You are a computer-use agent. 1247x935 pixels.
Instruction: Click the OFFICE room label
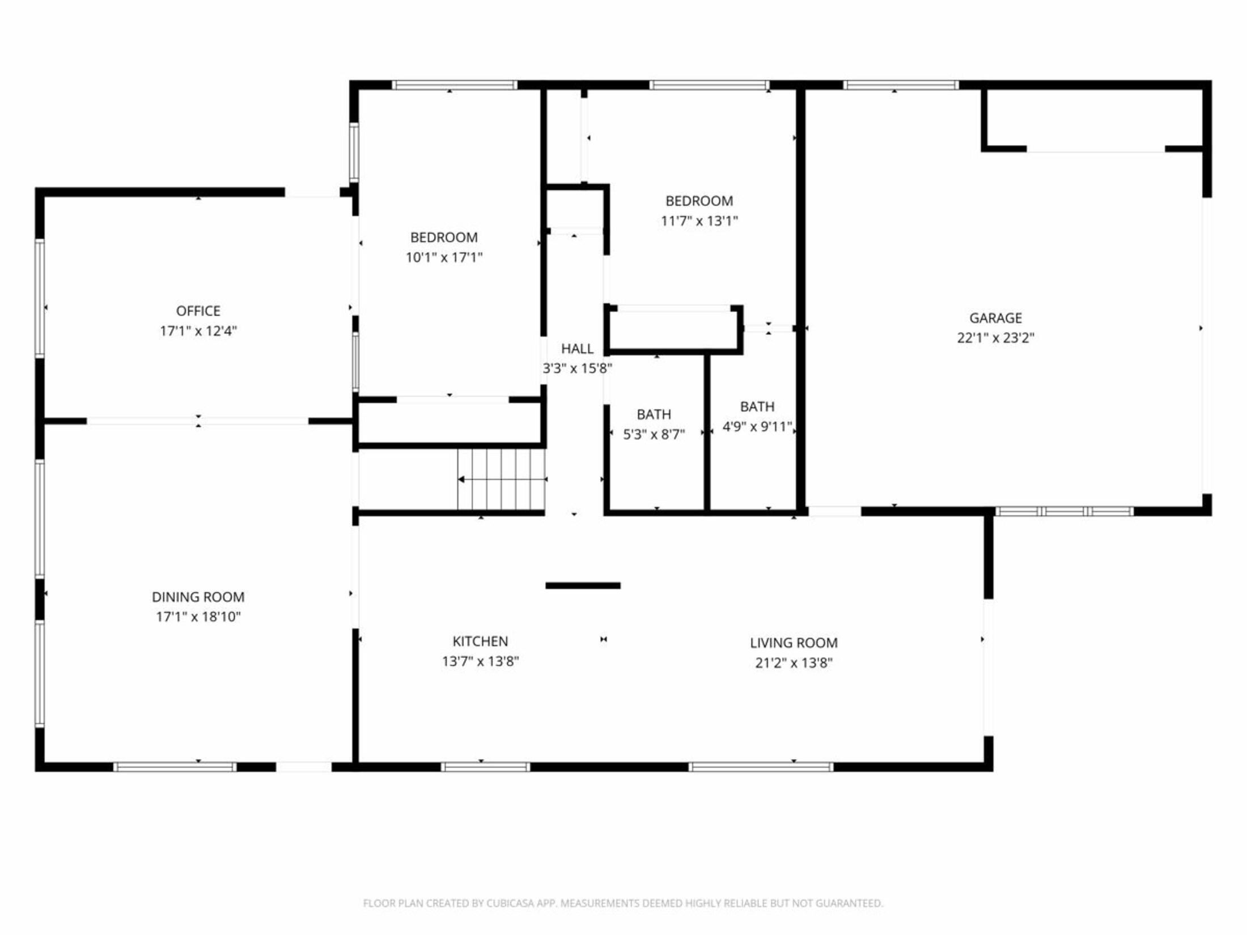pos(198,311)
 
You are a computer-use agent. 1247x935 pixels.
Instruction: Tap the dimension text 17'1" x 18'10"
pos(198,617)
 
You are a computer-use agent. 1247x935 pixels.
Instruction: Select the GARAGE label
pos(995,318)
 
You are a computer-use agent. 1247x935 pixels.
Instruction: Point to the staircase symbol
pos(501,479)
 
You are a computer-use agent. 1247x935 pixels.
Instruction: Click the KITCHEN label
pos(480,641)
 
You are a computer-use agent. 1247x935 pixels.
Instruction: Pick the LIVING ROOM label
pos(794,643)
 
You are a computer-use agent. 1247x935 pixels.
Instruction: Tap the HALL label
pos(577,348)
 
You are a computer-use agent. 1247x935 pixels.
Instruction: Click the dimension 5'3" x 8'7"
pos(654,435)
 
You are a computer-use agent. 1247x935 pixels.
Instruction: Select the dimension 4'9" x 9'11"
pos(757,427)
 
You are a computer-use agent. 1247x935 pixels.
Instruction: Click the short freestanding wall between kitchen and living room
pos(583,585)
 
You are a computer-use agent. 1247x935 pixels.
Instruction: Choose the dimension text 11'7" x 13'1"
pos(699,221)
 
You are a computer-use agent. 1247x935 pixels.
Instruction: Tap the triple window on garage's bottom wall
pos(1064,511)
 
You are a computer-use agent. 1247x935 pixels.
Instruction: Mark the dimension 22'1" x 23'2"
pos(995,338)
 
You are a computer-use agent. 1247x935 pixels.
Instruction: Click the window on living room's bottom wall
pos(761,767)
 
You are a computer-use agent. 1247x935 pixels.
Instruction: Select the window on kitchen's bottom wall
pos(485,767)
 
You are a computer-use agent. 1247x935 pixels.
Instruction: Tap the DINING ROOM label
pos(198,597)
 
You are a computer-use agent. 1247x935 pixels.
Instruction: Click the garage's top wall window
pos(900,86)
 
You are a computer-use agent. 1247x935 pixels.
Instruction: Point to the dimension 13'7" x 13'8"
pos(480,661)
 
